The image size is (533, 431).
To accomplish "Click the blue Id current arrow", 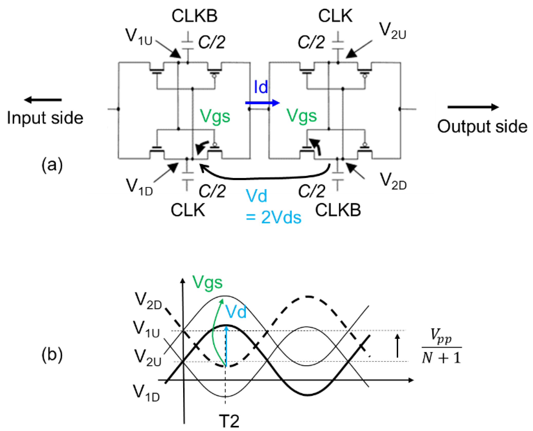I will click(x=262, y=103).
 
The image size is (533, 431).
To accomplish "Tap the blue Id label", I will click(x=261, y=87).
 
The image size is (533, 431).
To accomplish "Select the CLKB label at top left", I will click(x=194, y=16).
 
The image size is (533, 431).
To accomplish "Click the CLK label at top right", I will click(x=335, y=16).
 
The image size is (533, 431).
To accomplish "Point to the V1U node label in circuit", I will click(x=139, y=37).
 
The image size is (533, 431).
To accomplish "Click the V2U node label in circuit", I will click(x=392, y=31).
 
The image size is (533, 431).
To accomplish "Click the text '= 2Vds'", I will click(x=273, y=218).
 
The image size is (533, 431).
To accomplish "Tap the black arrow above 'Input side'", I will click(x=43, y=100).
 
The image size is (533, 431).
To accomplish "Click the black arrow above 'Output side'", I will click(x=473, y=107).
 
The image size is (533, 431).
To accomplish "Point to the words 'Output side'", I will click(x=482, y=127).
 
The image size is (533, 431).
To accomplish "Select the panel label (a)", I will click(x=52, y=165).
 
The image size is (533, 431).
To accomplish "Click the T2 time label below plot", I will click(x=229, y=421).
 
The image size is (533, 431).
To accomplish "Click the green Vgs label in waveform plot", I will click(x=208, y=282).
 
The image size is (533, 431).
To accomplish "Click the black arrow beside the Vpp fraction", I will click(x=397, y=345).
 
